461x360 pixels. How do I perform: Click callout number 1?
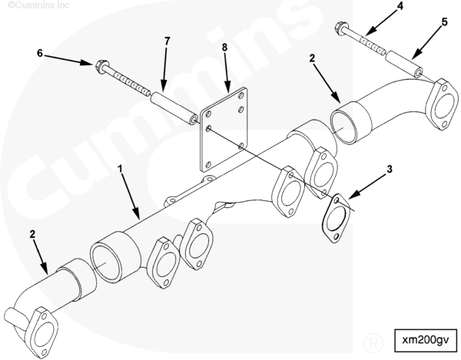[x=120, y=169]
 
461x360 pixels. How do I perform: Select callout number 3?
[x=390, y=169]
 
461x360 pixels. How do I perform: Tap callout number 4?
[x=400, y=6]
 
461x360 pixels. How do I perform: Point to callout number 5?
[x=445, y=22]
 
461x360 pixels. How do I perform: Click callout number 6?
[x=40, y=54]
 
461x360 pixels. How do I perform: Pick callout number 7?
[x=167, y=41]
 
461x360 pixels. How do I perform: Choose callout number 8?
[x=225, y=48]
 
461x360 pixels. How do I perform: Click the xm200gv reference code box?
[x=426, y=340]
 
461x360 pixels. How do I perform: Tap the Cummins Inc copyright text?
[x=38, y=5]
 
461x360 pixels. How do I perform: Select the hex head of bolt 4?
[x=341, y=28]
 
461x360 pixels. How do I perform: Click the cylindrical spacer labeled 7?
[x=174, y=108]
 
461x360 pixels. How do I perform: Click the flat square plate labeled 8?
[x=224, y=129]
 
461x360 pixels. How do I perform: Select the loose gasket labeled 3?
[x=336, y=218]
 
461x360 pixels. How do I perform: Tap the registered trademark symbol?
[x=373, y=342]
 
